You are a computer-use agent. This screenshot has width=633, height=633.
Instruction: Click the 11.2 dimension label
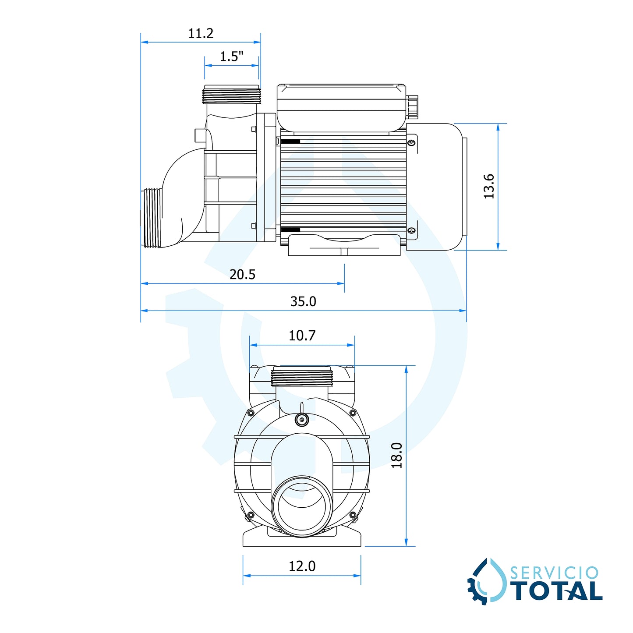[201, 33]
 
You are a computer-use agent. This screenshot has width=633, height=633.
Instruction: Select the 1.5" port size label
[231, 57]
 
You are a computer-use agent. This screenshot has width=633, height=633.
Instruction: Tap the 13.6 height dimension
[489, 186]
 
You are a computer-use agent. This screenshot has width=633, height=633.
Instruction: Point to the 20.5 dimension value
[242, 274]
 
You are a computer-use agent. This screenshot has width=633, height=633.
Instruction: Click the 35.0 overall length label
[303, 301]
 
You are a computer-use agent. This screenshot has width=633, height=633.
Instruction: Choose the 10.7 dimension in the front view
[302, 336]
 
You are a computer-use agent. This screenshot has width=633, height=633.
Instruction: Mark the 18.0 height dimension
[396, 455]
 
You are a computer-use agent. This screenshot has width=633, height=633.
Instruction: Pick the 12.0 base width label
[302, 566]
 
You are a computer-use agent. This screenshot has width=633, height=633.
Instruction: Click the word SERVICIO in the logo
[554, 573]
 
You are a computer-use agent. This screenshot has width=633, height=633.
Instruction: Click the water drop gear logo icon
[487, 582]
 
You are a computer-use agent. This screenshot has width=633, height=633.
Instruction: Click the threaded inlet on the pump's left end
[152, 218]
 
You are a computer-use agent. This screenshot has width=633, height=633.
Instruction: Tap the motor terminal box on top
[341, 107]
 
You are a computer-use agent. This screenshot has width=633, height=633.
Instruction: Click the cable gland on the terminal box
[413, 107]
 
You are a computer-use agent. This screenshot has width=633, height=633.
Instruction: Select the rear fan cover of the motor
[435, 187]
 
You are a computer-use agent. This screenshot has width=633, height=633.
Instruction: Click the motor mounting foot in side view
[344, 245]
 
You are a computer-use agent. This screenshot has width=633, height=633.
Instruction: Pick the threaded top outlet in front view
[302, 378]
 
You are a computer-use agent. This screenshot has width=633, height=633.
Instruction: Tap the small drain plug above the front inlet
[301, 419]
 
